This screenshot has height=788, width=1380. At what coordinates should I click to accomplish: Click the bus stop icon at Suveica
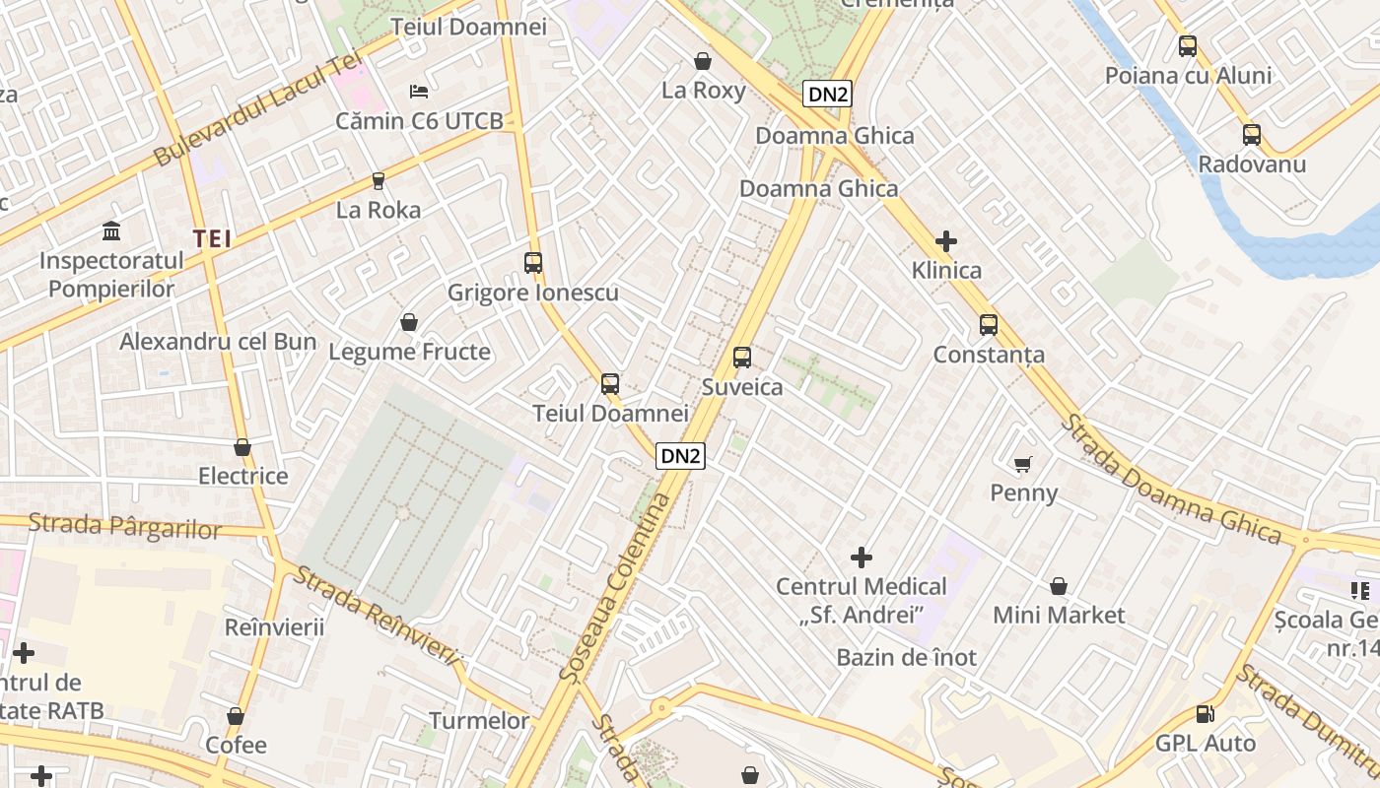click(x=742, y=358)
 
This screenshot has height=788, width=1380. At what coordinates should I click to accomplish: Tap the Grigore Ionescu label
click(x=533, y=293)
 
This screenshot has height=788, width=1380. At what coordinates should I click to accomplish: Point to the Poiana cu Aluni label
click(x=1188, y=76)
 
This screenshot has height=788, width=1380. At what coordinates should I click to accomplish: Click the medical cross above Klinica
click(x=946, y=240)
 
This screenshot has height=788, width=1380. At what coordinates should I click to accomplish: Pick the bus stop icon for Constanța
click(x=989, y=325)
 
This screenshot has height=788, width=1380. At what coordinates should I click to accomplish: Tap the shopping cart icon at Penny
click(x=1023, y=463)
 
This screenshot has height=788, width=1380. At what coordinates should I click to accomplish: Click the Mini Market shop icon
click(x=1059, y=586)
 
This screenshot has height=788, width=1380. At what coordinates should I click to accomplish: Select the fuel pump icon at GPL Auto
click(x=1205, y=714)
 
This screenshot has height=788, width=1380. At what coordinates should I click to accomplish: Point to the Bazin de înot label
click(x=906, y=657)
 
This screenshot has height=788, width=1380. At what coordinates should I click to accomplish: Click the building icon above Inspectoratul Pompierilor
click(x=111, y=231)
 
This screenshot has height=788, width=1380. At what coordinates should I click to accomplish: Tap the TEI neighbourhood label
click(x=212, y=238)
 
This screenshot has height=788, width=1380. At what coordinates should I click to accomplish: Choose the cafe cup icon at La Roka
click(x=378, y=180)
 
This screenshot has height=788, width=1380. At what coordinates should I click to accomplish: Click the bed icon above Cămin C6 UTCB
click(x=419, y=92)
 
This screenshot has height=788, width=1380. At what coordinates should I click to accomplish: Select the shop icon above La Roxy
click(x=703, y=61)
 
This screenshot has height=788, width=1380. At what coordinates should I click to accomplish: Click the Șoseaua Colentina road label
click(x=614, y=588)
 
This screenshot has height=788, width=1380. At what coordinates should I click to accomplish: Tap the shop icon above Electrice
click(x=242, y=447)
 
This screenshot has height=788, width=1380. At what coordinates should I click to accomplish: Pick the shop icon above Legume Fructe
click(x=409, y=322)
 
